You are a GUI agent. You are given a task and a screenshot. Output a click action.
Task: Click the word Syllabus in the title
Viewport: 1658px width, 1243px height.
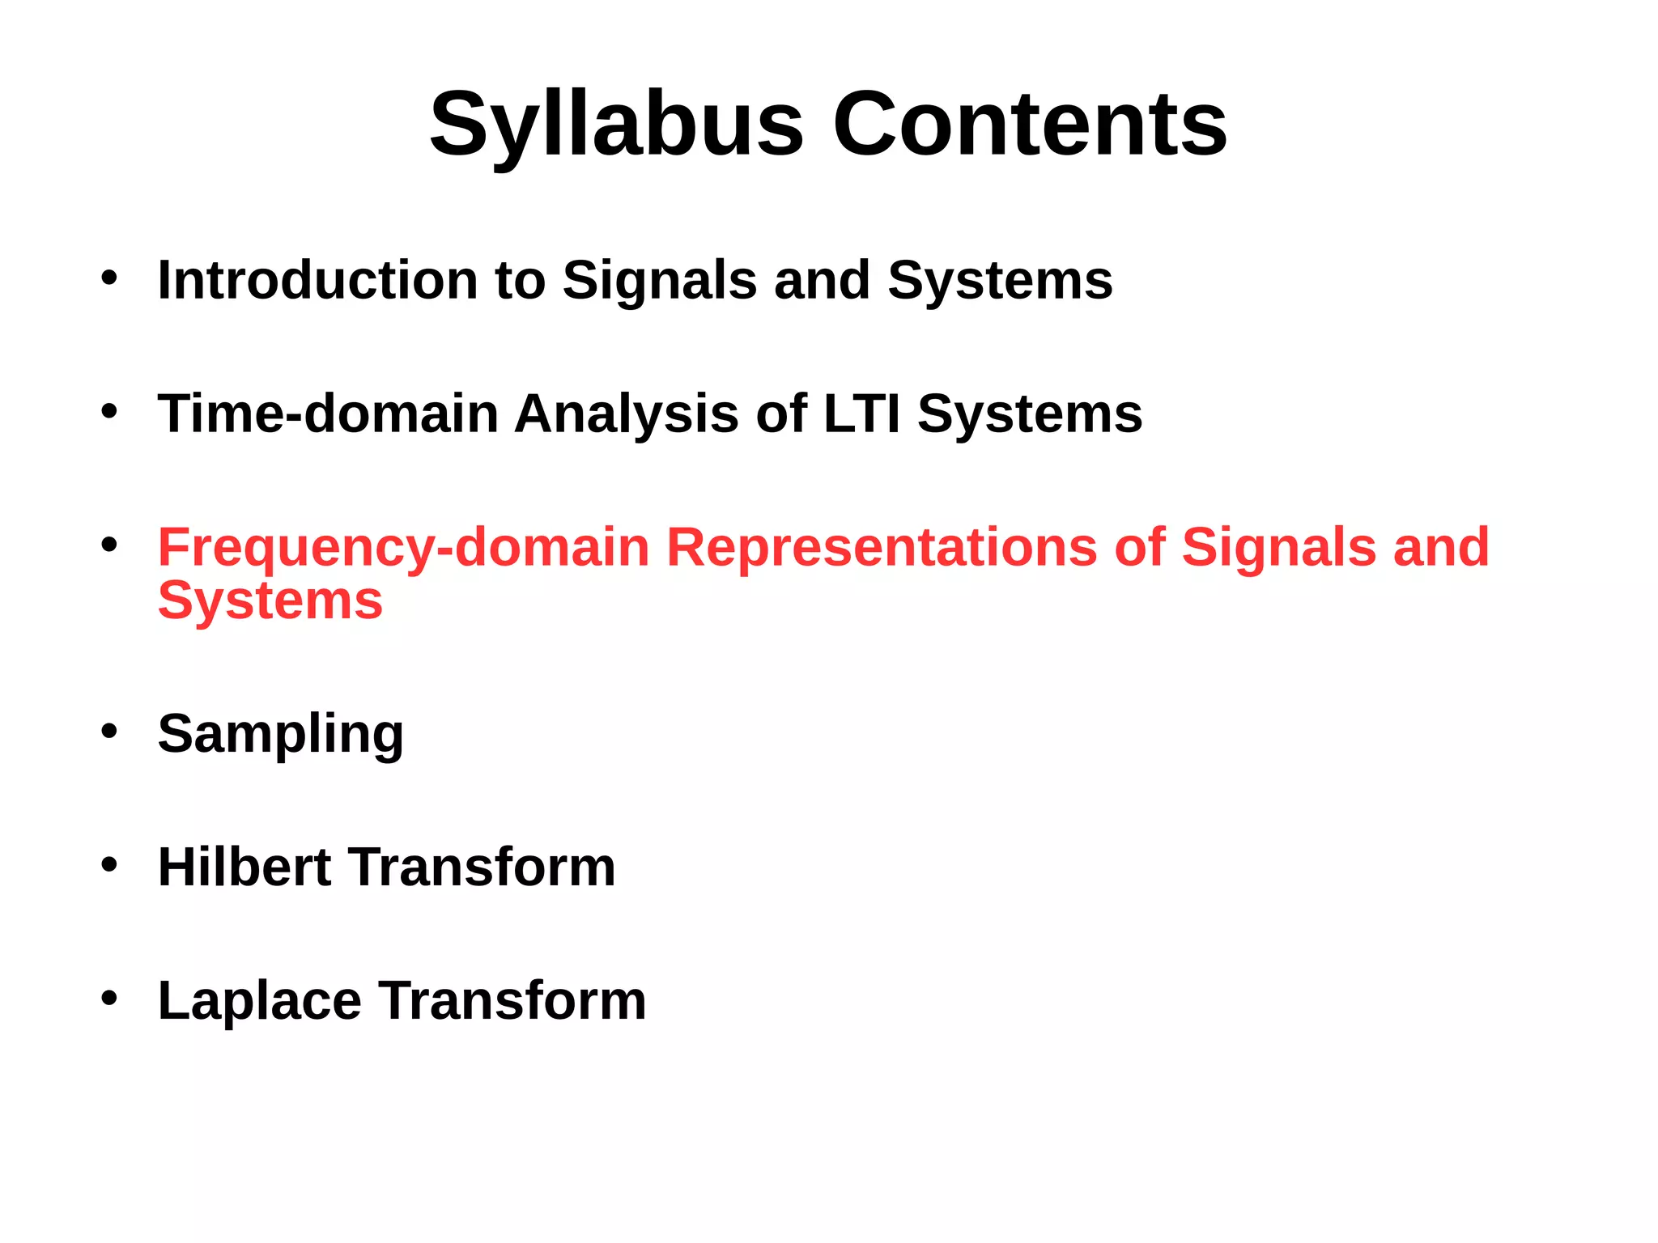(x=615, y=125)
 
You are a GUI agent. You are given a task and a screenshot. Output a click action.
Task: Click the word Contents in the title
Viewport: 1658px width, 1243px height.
(x=1030, y=125)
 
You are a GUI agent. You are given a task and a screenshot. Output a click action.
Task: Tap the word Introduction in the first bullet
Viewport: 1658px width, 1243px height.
(x=317, y=280)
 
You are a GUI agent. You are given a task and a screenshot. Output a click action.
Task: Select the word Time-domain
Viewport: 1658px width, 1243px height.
(x=327, y=414)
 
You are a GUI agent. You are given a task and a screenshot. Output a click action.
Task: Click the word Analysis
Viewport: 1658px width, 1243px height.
(x=626, y=415)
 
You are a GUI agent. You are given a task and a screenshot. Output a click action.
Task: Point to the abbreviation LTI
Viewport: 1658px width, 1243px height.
(x=861, y=414)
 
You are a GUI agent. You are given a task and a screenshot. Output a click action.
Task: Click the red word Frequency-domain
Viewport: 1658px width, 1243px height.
(x=403, y=549)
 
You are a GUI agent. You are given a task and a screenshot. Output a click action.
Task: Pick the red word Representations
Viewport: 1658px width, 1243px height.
(x=881, y=549)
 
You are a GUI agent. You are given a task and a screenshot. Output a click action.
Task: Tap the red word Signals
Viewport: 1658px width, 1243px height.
(x=1278, y=547)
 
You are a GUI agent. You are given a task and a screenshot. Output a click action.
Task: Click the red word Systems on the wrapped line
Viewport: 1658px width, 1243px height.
(x=270, y=602)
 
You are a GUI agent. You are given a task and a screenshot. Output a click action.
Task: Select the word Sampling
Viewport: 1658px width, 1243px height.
(x=280, y=735)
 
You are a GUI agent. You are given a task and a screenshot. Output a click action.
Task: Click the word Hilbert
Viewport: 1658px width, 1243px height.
(x=244, y=867)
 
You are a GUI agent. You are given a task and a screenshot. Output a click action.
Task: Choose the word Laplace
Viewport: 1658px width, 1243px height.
(x=259, y=1001)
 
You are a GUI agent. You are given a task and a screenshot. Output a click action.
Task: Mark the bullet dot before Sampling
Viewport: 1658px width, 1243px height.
(x=109, y=732)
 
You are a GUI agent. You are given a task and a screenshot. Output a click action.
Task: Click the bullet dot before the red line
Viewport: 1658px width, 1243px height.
(x=109, y=545)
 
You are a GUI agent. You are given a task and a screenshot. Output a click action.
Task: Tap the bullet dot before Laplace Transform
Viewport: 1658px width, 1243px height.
(x=109, y=999)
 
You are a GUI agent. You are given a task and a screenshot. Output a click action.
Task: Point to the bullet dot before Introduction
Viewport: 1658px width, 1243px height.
(x=109, y=278)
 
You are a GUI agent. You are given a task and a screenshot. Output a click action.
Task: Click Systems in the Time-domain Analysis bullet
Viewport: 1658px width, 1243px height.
(x=1029, y=415)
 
